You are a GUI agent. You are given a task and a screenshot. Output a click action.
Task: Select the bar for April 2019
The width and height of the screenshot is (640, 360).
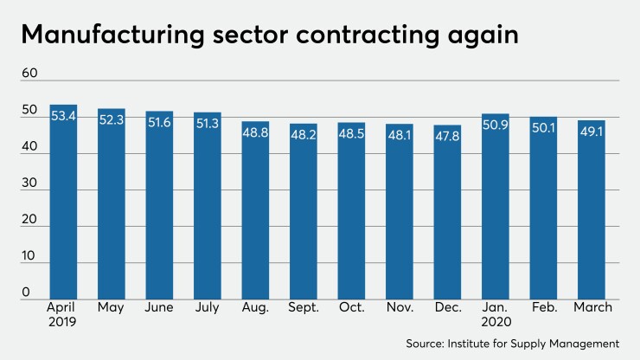tap(63, 208)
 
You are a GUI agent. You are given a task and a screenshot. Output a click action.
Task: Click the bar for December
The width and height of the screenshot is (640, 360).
tap(447, 216)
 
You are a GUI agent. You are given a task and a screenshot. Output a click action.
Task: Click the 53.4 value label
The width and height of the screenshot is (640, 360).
tap(63, 116)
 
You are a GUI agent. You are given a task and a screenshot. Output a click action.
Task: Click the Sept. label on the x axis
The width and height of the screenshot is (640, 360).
tap(304, 307)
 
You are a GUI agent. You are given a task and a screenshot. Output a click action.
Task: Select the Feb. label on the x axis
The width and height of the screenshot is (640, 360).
tap(544, 307)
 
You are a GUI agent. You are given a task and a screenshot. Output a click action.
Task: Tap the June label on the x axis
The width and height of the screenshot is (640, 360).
tap(160, 307)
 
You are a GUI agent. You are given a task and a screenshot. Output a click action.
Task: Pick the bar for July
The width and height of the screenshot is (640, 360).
tap(208, 208)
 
